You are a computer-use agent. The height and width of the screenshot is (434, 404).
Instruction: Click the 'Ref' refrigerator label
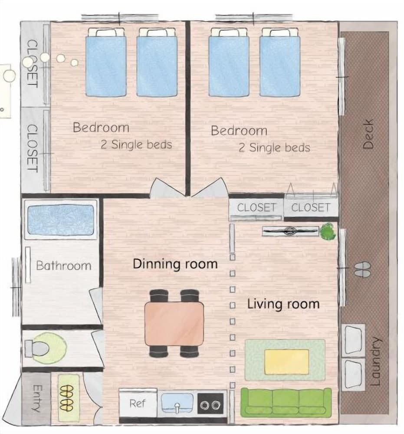[x=138, y=403]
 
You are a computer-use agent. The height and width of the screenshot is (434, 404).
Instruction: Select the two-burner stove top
[x=210, y=404]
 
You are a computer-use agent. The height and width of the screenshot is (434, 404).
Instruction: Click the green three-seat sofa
[x=286, y=403]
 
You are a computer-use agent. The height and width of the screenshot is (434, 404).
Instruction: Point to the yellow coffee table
[x=287, y=362]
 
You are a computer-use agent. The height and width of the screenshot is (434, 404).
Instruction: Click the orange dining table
[x=174, y=324]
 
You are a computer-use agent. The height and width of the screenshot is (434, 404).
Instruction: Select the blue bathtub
[x=61, y=220]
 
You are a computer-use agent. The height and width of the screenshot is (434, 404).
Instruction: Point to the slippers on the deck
[x=362, y=270]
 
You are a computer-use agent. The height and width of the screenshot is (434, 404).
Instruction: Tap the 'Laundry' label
[x=375, y=361]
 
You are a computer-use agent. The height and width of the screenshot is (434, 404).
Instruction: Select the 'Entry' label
[x=37, y=398]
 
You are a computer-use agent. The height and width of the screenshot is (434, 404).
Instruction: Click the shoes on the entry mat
[x=67, y=398]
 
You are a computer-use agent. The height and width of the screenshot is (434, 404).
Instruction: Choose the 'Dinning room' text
[x=175, y=264]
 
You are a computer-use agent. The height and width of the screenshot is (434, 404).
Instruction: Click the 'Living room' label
[x=283, y=304]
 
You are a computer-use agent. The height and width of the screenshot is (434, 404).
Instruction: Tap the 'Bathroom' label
[x=64, y=266]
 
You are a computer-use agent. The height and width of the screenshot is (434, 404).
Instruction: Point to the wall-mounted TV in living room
[x=290, y=231]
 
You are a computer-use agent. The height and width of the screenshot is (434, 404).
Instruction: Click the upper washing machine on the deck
[x=353, y=340]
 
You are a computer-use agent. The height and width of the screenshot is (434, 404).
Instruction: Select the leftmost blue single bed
[x=106, y=62]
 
